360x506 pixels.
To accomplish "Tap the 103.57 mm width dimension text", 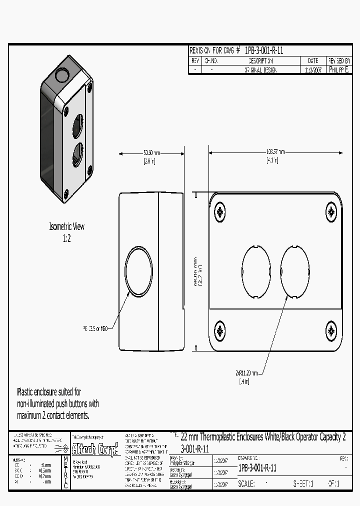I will click(x=275, y=152).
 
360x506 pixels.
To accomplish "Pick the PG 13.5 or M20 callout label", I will click(x=95, y=329).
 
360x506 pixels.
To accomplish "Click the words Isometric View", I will click(x=66, y=226).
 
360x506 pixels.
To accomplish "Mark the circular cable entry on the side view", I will click(x=138, y=270).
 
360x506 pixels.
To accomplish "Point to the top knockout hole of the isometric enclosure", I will click(x=62, y=76).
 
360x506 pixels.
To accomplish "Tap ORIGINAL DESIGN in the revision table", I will click(x=260, y=70).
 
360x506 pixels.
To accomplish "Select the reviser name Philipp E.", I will click(x=339, y=70).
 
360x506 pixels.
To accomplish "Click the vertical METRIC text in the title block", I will click(x=65, y=472).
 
